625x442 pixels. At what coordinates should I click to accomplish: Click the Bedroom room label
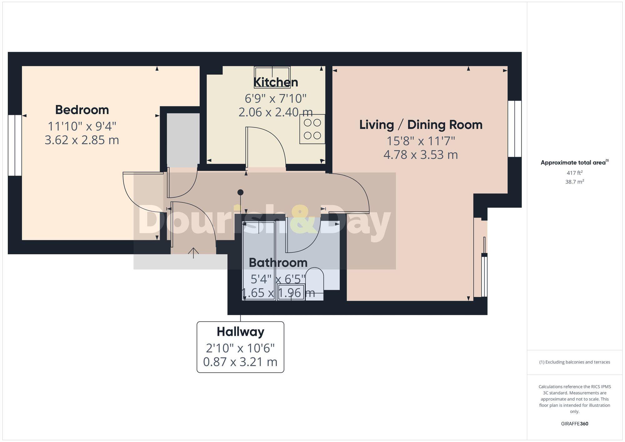point(82,110)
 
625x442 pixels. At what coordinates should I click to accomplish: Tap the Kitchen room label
point(276,82)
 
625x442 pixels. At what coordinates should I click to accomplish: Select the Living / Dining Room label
point(421,125)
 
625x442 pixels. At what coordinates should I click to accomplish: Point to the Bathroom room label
point(278,263)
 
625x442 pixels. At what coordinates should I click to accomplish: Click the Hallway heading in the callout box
point(240,332)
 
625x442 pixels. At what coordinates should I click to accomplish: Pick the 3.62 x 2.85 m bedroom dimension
point(82,140)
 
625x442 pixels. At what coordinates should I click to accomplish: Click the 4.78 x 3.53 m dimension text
point(421,155)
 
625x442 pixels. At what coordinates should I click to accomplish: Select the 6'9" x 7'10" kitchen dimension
point(276,99)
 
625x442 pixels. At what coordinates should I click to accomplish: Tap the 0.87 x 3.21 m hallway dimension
point(240,362)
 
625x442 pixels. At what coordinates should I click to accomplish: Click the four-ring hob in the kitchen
point(312,129)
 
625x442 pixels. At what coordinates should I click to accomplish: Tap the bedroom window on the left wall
point(15,145)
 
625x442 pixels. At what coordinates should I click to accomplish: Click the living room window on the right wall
point(514,129)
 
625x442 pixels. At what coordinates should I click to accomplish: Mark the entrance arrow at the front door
point(193,253)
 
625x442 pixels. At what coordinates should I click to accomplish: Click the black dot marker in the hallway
point(240,192)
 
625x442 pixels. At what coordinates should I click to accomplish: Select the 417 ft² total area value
point(574,173)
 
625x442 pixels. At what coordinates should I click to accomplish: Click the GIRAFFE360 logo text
point(574,424)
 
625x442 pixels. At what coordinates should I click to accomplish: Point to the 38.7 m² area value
point(574,182)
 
